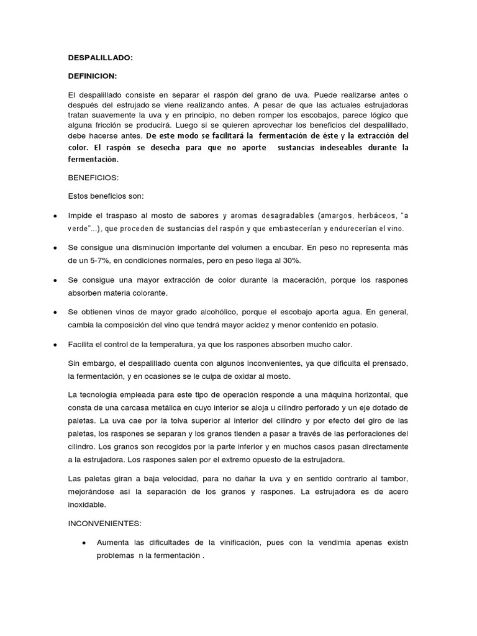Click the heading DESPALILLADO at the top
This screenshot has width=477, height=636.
point(100,58)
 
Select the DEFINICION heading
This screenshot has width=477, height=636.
point(93,76)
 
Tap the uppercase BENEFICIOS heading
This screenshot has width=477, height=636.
point(93,178)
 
